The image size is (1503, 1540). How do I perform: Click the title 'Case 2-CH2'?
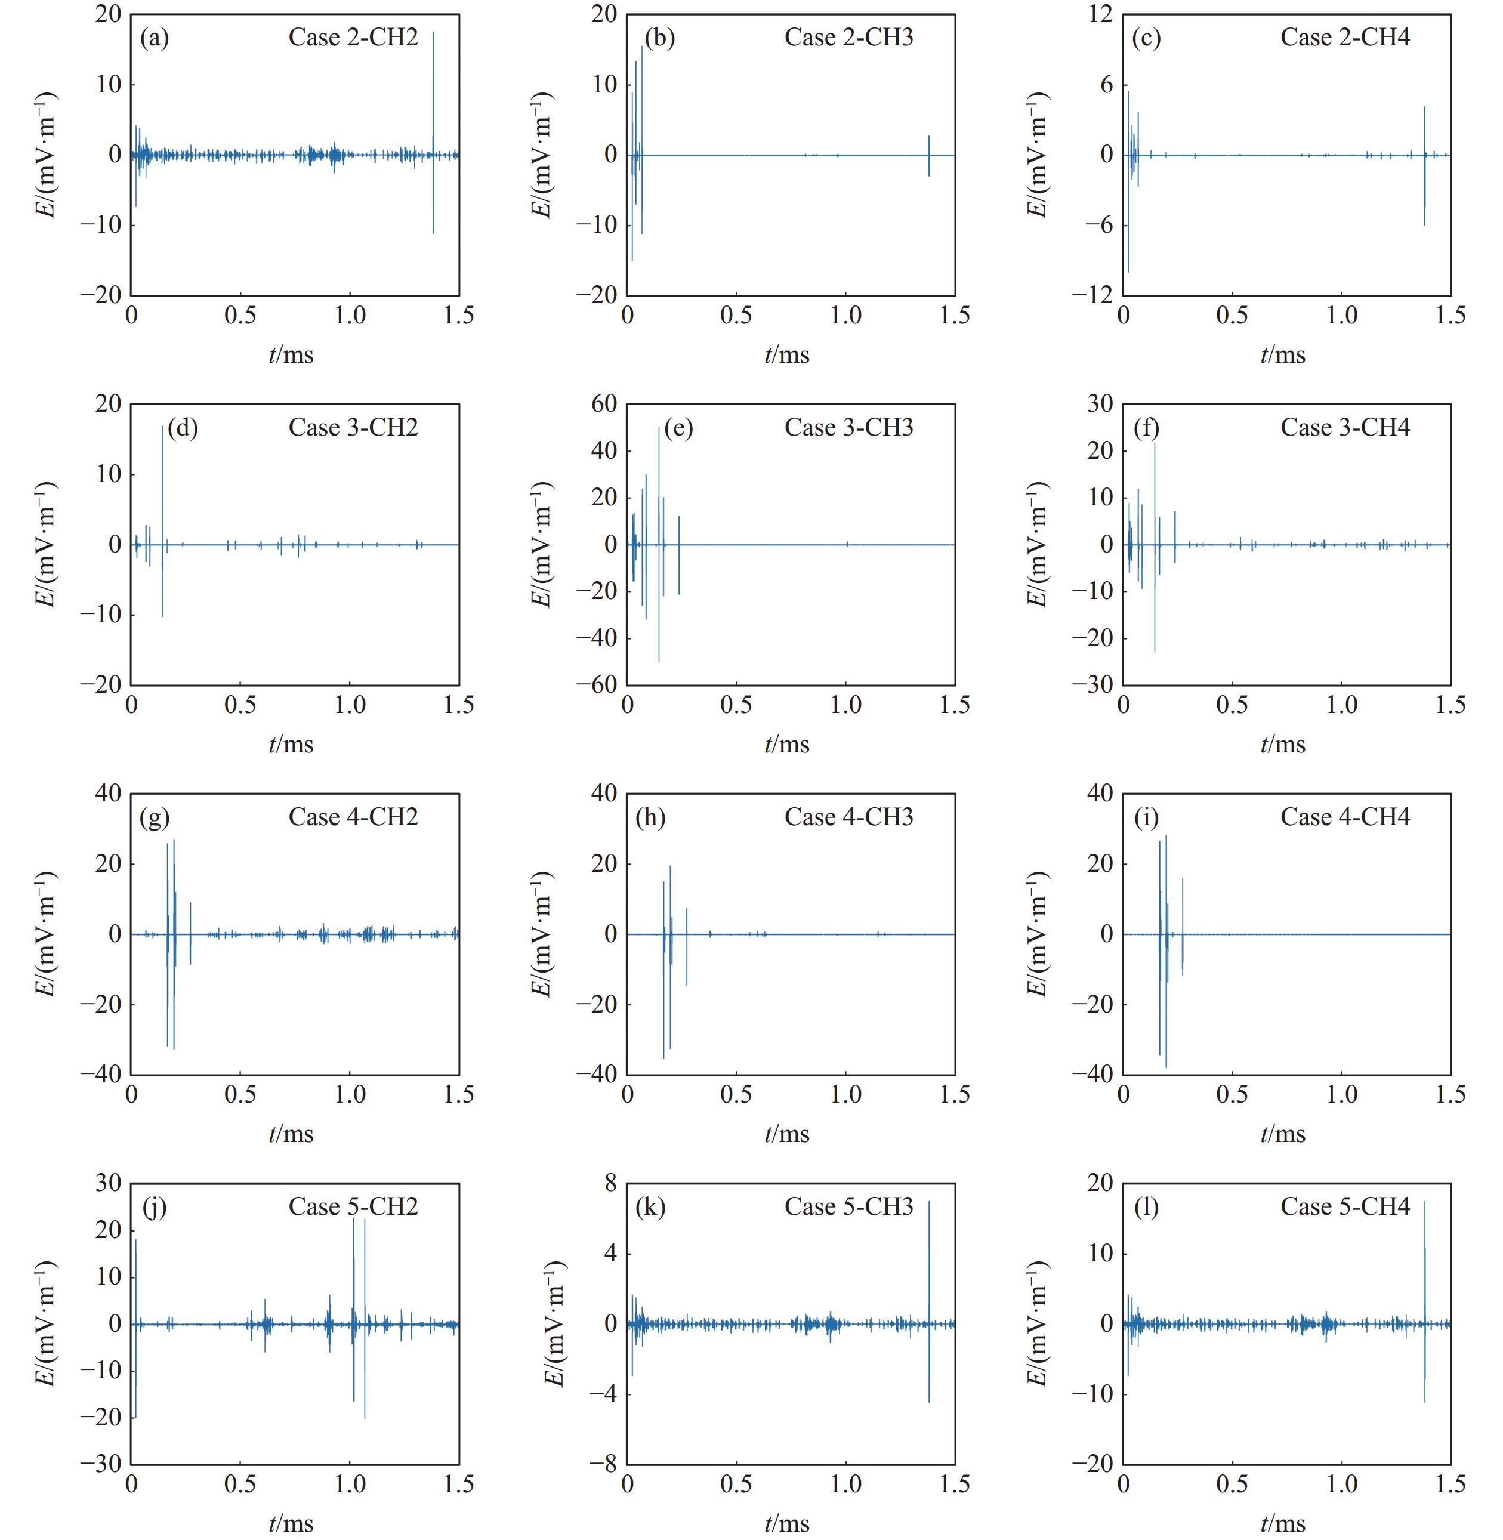(353, 37)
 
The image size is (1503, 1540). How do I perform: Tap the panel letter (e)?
(678, 427)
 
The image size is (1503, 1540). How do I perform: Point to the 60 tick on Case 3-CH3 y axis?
(604, 403)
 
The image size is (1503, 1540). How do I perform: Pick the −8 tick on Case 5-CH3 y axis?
(604, 1464)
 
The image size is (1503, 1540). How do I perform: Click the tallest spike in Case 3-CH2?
(163, 489)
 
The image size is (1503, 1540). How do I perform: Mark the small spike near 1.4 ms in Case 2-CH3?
(929, 154)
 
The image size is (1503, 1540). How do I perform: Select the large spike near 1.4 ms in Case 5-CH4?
(1425, 1263)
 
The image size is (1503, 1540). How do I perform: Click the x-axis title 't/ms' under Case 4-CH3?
(787, 1134)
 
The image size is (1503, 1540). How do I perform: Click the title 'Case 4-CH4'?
(1344, 816)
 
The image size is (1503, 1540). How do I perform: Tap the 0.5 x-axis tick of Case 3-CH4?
(1232, 705)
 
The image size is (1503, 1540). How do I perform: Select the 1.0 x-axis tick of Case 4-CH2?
(350, 1094)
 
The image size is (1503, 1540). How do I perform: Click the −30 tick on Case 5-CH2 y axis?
(100, 1464)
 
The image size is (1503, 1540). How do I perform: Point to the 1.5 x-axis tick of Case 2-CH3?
(955, 316)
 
